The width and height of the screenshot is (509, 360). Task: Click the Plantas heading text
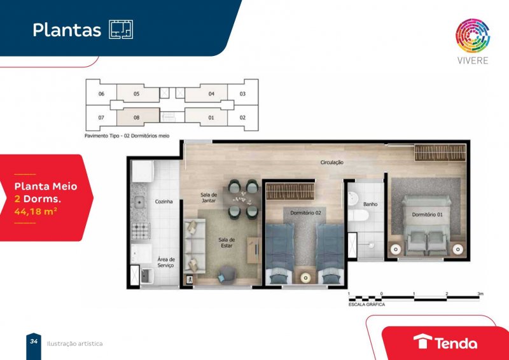tap(67, 30)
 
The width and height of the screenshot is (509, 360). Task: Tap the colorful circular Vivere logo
tap(473, 36)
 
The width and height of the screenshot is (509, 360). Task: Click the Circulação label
tap(331, 162)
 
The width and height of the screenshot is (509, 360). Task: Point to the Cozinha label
tap(164, 202)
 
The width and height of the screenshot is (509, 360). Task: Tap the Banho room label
tap(370, 204)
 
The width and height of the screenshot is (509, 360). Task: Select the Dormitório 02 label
tap(305, 213)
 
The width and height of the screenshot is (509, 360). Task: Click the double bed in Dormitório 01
tap(426, 225)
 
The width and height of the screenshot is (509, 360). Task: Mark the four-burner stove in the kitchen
tap(141, 231)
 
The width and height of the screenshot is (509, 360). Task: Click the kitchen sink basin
tap(139, 202)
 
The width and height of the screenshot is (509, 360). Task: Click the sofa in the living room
tap(195, 246)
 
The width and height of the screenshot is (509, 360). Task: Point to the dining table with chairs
tap(244, 199)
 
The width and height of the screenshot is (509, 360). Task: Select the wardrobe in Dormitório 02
tap(290, 191)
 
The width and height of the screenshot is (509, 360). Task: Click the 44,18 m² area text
tap(36, 211)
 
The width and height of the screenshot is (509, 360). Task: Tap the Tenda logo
tap(445, 342)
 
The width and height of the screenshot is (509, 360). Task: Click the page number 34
tap(34, 341)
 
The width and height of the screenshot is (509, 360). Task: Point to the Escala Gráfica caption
tap(366, 305)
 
